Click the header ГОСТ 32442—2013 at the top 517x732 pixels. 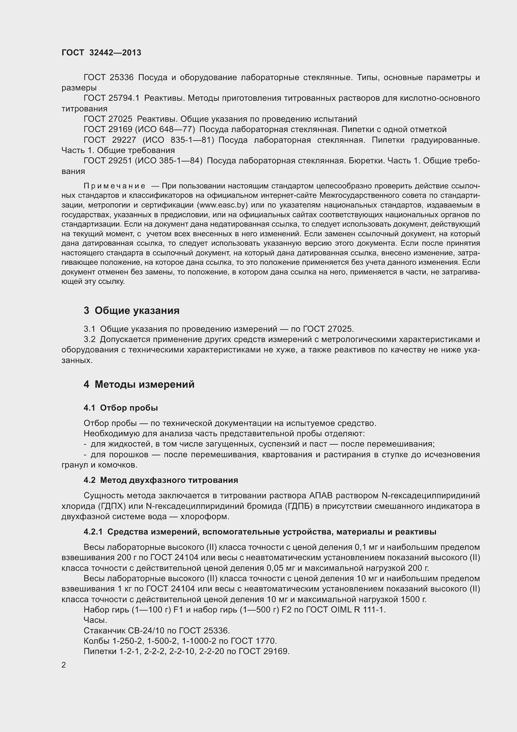pyautogui.click(x=101, y=53)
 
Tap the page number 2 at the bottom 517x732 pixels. pyautogui.click(x=64, y=665)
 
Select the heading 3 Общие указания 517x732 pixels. pyautogui.click(x=132, y=310)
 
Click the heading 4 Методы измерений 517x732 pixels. pyautogui.click(x=139, y=385)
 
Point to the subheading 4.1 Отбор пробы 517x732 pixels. pyautogui.click(x=121, y=408)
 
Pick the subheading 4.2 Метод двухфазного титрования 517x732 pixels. pyautogui.click(x=161, y=480)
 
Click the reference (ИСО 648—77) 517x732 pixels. pyautogui.click(x=165, y=130)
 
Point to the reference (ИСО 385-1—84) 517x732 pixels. pyautogui.click(x=169, y=161)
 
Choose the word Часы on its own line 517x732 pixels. pyautogui.click(x=95, y=620)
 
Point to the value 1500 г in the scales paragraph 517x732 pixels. pyautogui.click(x=413, y=599)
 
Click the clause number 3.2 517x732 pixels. pyautogui.click(x=89, y=340)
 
